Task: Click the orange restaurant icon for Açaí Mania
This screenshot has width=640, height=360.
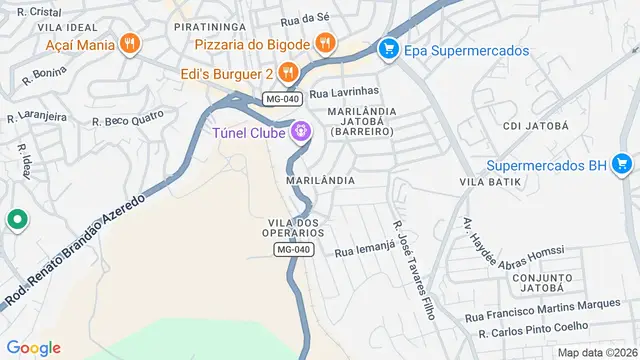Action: point(128,44)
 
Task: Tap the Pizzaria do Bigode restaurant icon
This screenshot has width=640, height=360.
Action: point(324,43)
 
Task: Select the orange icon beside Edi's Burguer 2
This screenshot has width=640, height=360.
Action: point(287,71)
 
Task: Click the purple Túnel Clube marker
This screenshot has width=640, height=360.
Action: point(300,131)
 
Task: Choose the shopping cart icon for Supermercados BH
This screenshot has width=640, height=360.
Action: point(622,164)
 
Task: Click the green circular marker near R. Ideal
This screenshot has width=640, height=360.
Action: point(15,220)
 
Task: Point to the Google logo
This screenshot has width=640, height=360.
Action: point(34,347)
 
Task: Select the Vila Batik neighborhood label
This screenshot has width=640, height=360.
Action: point(491,181)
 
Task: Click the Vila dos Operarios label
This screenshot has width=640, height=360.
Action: point(296,226)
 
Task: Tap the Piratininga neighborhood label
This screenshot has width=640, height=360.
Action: point(209,28)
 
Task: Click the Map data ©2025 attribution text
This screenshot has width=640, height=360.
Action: point(597,351)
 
